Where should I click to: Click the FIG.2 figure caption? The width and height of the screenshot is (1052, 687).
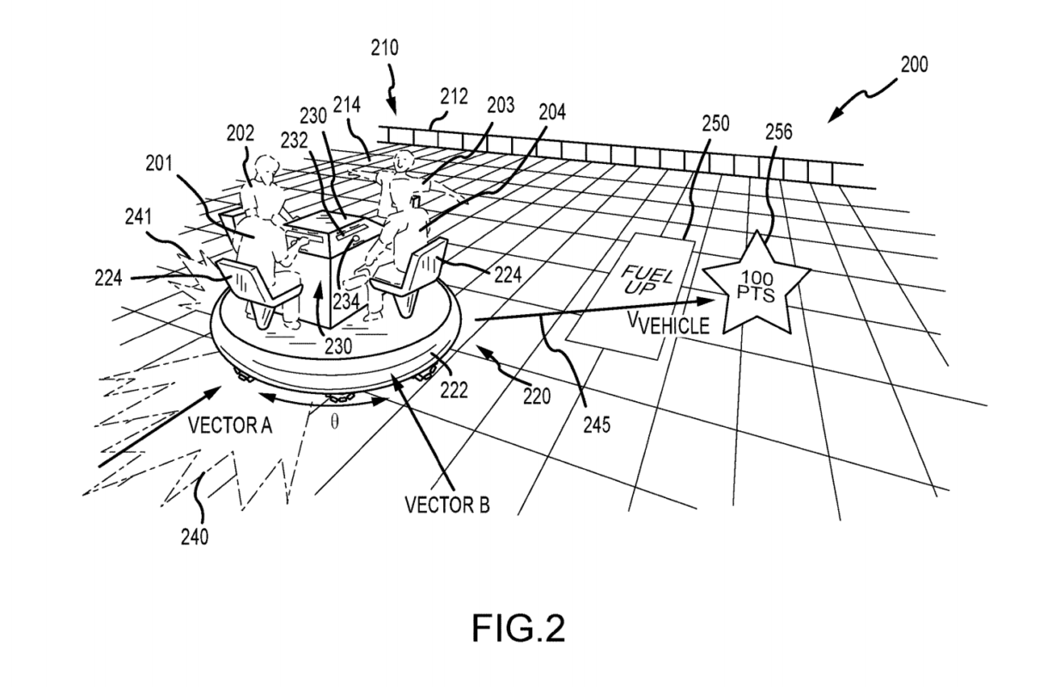click(x=519, y=629)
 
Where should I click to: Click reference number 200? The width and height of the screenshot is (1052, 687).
click(x=913, y=64)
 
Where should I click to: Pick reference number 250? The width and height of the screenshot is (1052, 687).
click(x=714, y=123)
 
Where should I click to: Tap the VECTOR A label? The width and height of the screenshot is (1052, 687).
click(x=229, y=423)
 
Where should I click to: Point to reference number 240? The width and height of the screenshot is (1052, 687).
click(x=193, y=537)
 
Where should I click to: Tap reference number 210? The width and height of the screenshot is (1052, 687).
click(x=386, y=49)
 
